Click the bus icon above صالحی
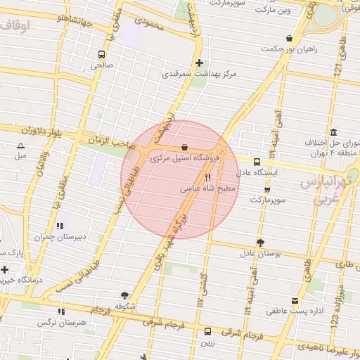[102, 53]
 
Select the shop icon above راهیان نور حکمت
[289, 39]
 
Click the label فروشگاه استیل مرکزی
[186, 159]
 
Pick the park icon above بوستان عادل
[260, 243]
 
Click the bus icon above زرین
[207, 331]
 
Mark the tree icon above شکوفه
[125, 295]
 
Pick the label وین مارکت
[274, 11]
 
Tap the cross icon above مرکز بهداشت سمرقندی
[199, 63]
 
